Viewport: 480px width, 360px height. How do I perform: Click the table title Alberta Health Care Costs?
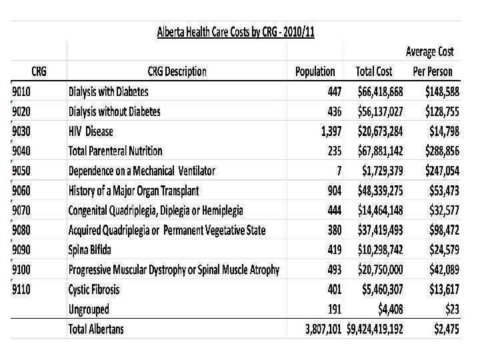click(x=235, y=31)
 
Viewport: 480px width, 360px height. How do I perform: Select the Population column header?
click(x=315, y=72)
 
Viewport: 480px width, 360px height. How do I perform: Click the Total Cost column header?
click(x=374, y=72)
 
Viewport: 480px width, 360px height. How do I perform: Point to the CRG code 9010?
click(x=25, y=91)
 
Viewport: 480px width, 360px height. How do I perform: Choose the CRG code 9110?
click(x=25, y=290)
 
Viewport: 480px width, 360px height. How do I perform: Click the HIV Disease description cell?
click(x=91, y=131)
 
